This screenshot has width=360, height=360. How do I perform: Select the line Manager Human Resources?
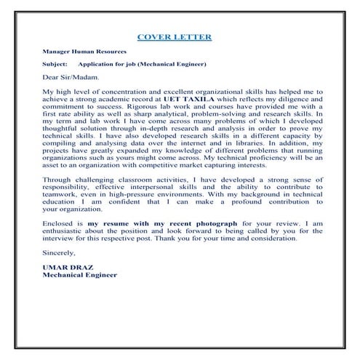(x=84, y=52)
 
